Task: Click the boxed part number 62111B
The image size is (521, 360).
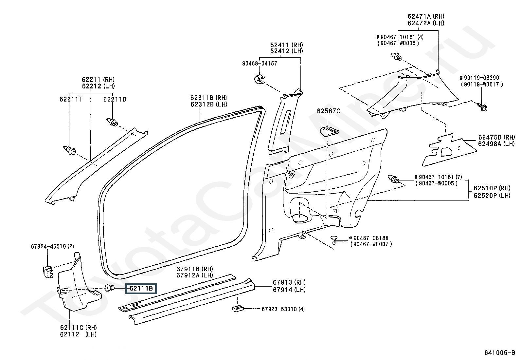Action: [x=141, y=289]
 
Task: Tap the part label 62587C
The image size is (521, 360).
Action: [x=328, y=111]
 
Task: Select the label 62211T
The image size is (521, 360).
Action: [x=71, y=100]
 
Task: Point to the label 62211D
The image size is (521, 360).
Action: [x=115, y=100]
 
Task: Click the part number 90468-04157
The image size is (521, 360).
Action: [x=260, y=63]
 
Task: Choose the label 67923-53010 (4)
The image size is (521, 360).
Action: [x=283, y=309]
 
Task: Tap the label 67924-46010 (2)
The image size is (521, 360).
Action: [x=52, y=246]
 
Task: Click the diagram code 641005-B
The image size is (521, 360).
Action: [x=500, y=353]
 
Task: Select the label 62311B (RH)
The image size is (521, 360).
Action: [x=209, y=98]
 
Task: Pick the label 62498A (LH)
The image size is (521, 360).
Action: [x=496, y=144]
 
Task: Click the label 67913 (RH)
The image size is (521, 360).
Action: [x=289, y=282]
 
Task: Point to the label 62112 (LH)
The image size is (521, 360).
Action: [x=78, y=334]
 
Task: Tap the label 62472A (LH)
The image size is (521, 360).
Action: [x=426, y=23]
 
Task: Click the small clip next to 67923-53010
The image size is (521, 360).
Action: [x=238, y=309]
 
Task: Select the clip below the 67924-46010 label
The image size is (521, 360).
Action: [x=48, y=272]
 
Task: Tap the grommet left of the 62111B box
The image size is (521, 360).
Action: [x=110, y=288]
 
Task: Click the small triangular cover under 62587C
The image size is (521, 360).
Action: [x=330, y=131]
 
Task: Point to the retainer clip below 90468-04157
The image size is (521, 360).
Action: [x=259, y=79]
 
